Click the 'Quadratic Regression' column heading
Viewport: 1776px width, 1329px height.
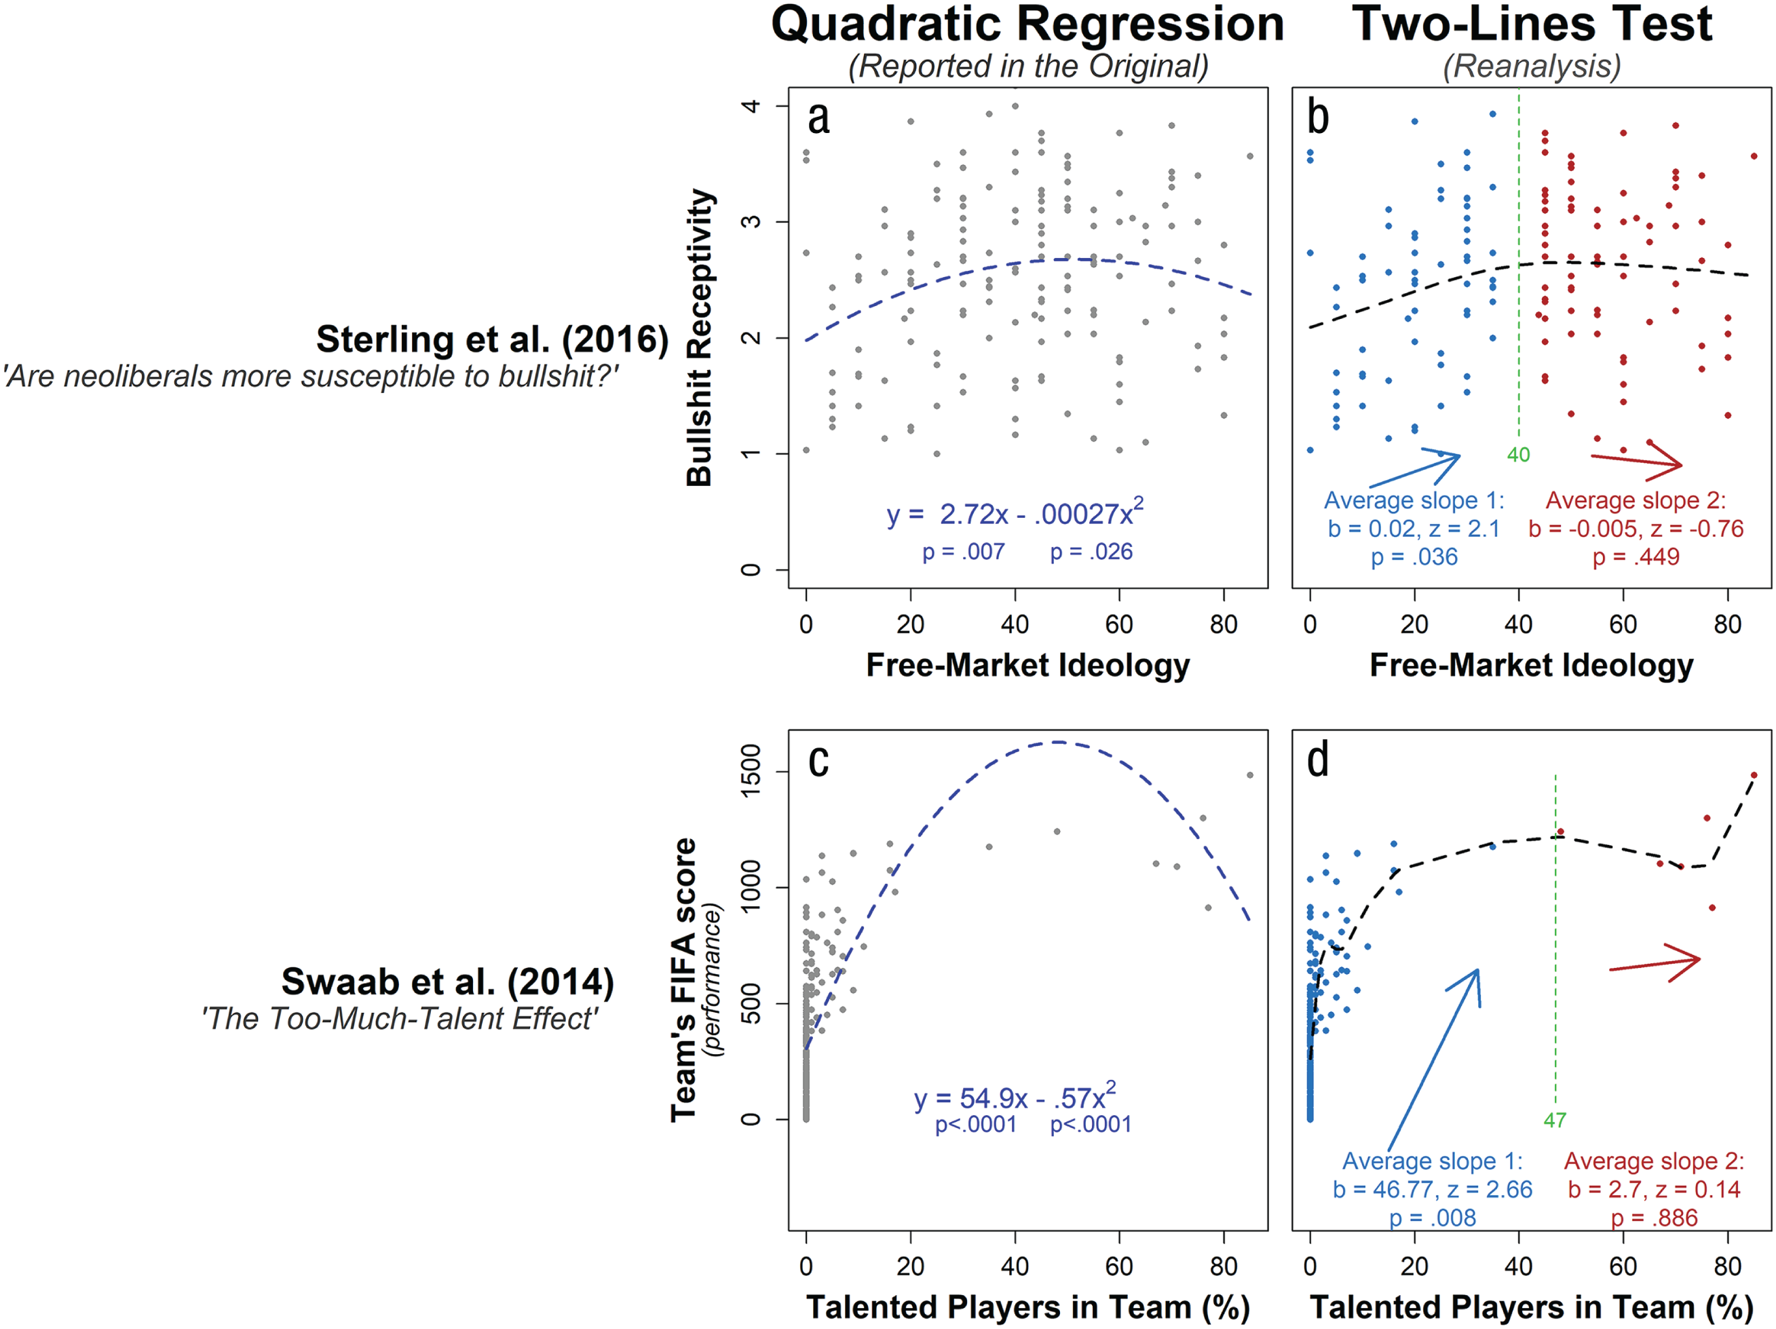(1027, 24)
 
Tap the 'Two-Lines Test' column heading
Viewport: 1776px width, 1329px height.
(1532, 24)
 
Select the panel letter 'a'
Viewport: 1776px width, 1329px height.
(818, 118)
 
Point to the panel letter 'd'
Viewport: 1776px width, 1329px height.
(1317, 760)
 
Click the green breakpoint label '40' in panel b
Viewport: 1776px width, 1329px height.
(1518, 455)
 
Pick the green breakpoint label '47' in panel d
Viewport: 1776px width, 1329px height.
(1554, 1119)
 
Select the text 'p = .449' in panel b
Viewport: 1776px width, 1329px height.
(1636, 557)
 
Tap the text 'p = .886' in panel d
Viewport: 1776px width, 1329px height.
(1654, 1218)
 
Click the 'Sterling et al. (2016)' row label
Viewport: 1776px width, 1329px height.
(492, 339)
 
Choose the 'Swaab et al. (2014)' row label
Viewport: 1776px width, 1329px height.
(447, 981)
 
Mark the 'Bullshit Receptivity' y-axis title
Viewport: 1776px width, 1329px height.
(699, 337)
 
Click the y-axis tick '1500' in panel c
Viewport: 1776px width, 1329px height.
(751, 771)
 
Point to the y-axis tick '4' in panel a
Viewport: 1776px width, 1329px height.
(751, 106)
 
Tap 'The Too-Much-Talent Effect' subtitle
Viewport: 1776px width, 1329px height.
(399, 1018)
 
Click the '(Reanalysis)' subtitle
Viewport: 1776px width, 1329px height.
(1532, 66)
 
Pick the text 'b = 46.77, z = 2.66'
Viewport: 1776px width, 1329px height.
(1433, 1189)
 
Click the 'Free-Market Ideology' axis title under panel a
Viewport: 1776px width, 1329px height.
(1027, 665)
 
